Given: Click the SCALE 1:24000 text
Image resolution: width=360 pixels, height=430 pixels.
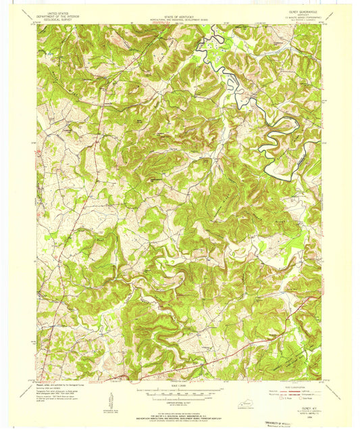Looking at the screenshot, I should (x=179, y=385).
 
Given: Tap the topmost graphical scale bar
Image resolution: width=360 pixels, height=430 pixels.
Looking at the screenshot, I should (x=179, y=390).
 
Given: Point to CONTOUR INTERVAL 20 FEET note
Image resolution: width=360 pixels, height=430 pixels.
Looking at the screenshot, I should (x=179, y=402).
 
